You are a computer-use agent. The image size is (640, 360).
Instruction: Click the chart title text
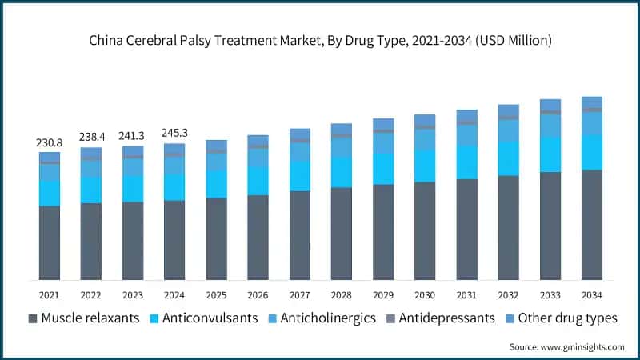pos(320,39)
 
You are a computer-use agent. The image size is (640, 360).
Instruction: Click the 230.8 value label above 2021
pos(49,142)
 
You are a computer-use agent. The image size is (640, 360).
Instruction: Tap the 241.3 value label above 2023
pos(132,135)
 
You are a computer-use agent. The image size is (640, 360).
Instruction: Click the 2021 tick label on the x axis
pos(49,294)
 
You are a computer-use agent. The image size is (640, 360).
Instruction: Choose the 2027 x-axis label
pos(299,294)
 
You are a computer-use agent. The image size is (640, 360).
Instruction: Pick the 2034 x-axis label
pos(591,294)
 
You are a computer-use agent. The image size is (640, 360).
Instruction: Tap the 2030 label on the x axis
pos(424,294)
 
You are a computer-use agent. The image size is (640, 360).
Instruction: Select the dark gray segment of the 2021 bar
pos(49,243)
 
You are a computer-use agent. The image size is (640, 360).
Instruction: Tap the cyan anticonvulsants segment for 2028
pos(341,172)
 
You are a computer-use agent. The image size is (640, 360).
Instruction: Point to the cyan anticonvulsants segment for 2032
pos(508,159)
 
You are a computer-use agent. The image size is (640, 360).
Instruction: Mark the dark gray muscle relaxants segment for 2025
pos(216,239)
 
